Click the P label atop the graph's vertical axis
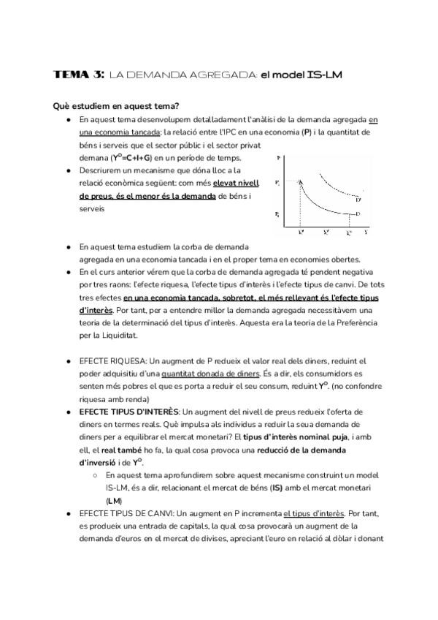(x=278, y=158)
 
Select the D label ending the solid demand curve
(x=358, y=213)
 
